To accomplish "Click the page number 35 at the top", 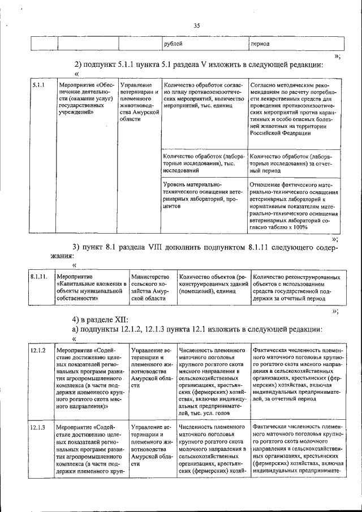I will coord(197,25).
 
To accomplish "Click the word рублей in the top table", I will coord(173,44).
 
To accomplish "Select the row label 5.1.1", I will coord(38,85).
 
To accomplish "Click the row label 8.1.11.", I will coord(39,277).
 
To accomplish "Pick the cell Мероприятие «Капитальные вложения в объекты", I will coord(92,287).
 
